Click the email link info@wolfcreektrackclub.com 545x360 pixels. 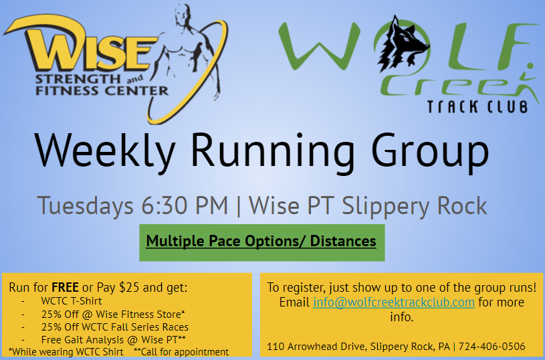[x=393, y=302]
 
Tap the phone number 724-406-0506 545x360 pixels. [x=492, y=347]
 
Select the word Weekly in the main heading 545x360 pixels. [x=104, y=151]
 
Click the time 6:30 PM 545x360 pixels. [x=184, y=205]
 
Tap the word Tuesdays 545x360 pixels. [x=85, y=206]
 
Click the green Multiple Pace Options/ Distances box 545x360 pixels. [x=261, y=242]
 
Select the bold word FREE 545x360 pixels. [x=65, y=288]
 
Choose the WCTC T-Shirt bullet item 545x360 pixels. [x=72, y=301]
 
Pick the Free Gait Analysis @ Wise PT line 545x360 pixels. [x=113, y=339]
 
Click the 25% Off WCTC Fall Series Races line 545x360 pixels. [x=115, y=327]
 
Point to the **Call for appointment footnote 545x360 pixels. [x=181, y=352]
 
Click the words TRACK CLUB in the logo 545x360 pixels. [x=477, y=107]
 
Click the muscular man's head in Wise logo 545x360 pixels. [x=183, y=15]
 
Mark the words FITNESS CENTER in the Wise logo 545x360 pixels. [x=102, y=91]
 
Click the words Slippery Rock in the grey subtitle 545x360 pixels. [x=415, y=206]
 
